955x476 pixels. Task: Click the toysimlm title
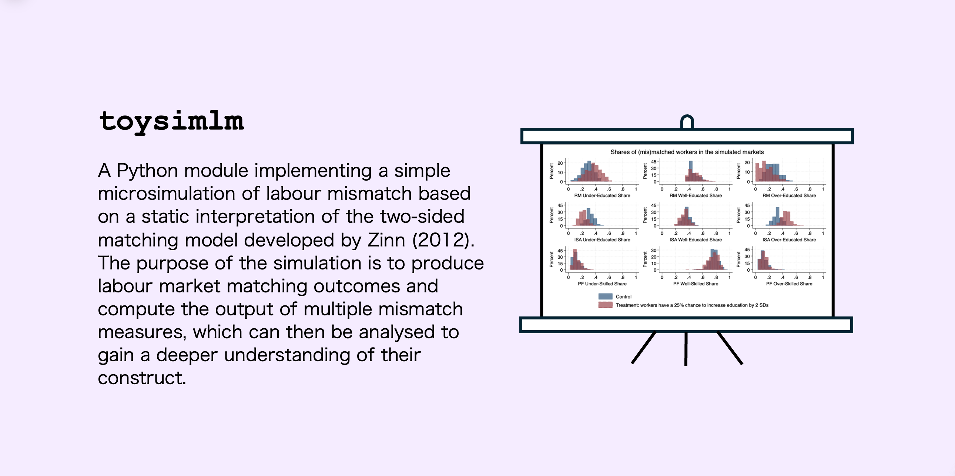coord(172,122)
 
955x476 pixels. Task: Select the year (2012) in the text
coord(443,240)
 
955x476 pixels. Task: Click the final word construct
coord(142,378)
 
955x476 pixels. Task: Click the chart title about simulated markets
coord(687,152)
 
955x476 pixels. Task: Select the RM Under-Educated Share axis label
coord(602,195)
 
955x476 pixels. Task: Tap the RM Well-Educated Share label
coord(696,195)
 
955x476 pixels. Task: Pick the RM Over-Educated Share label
coord(789,195)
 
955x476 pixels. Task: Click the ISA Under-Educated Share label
coord(602,239)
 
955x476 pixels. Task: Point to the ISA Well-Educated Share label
coord(696,239)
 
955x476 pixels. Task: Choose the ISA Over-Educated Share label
coord(789,239)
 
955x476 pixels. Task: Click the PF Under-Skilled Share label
coord(602,284)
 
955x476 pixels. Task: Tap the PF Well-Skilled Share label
coord(696,284)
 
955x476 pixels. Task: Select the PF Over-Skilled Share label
coord(789,284)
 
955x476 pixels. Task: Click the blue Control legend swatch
coord(605,296)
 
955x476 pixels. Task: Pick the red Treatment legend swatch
coord(605,305)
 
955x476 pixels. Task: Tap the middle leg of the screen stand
coord(686,349)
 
